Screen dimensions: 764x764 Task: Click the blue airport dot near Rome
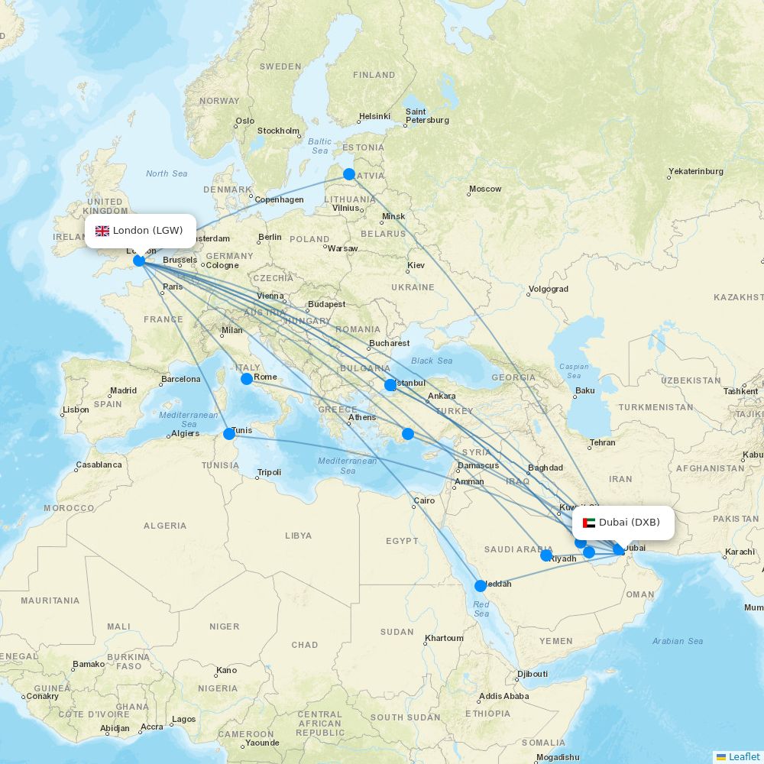[x=246, y=379]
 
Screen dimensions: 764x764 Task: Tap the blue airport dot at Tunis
[x=229, y=434]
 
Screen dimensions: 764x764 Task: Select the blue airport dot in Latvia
[x=349, y=174]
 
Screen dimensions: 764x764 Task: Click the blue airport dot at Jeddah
[x=481, y=586]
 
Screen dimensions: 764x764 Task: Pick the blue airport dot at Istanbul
[x=390, y=385]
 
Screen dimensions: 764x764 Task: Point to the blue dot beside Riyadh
[x=546, y=555]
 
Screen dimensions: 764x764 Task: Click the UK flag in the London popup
[x=102, y=231]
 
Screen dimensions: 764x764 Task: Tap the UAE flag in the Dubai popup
[x=588, y=523]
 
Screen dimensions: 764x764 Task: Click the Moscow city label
[x=485, y=189]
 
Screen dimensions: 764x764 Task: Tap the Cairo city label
[x=423, y=501]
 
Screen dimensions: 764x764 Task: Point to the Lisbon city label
[x=76, y=410]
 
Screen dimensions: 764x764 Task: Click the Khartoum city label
[x=444, y=638]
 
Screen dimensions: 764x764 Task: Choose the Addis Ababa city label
[x=503, y=696]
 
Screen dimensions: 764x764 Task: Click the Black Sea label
[x=432, y=361]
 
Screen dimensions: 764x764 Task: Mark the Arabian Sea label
[x=678, y=641]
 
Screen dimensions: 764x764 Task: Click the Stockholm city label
[x=278, y=131]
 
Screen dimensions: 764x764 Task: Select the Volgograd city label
[x=549, y=290]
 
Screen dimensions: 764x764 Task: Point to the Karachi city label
[x=740, y=552]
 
